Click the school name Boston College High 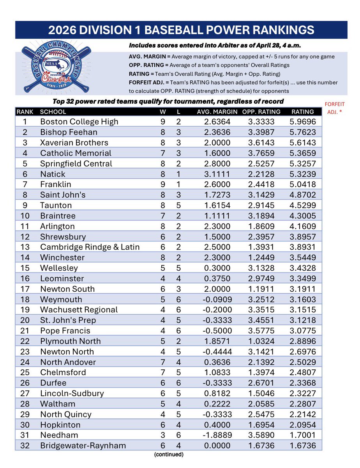(x=79, y=122)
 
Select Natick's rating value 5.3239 (x=303, y=174)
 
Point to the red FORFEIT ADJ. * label (x=337, y=108)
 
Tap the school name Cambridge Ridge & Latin (x=90, y=247)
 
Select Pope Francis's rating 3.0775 (x=303, y=330)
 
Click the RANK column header (x=25, y=112)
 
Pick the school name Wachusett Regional (x=79, y=310)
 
